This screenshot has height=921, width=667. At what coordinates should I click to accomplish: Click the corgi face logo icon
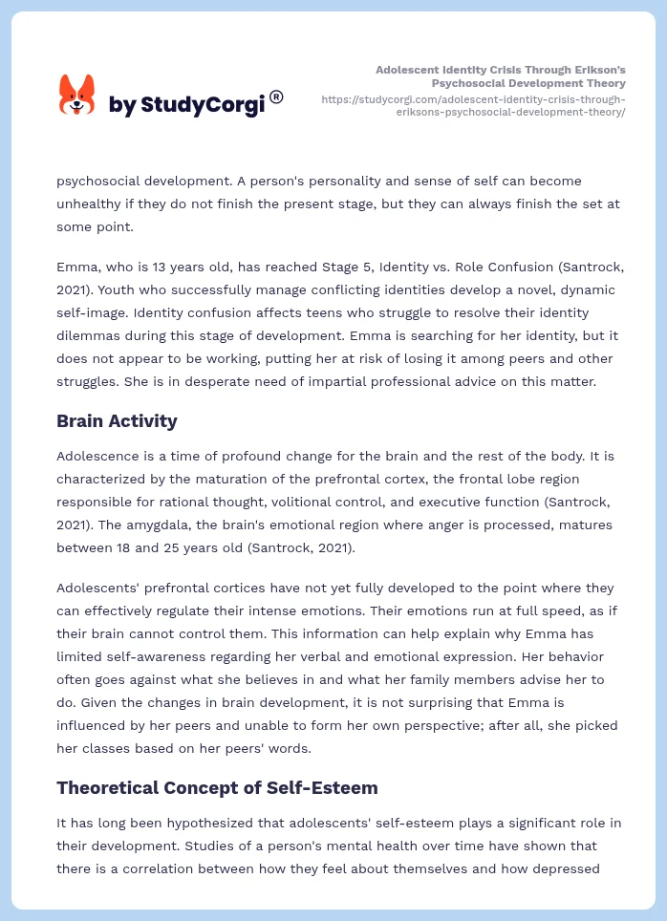77,95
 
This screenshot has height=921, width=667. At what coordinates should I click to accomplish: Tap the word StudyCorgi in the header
202,105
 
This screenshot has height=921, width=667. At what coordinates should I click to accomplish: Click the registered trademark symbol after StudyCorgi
276,96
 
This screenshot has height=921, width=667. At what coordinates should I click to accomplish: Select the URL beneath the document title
474,105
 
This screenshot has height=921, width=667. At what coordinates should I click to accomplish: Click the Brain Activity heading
117,420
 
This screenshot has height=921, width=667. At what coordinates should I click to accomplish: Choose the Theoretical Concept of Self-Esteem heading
217,787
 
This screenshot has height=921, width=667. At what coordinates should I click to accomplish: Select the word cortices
245,588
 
